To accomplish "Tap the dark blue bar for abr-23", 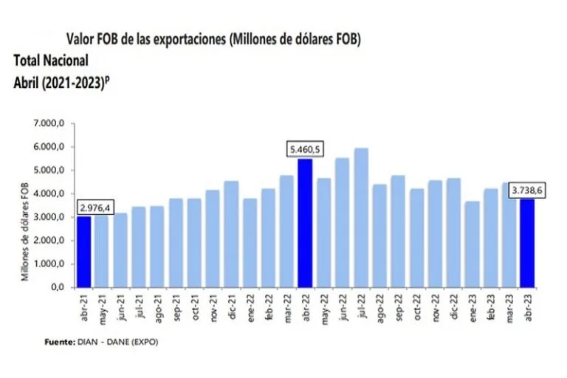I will [x=527, y=243].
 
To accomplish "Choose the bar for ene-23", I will [x=472, y=244].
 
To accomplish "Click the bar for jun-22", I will [x=342, y=222].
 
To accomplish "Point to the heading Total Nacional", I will [x=51, y=60].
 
